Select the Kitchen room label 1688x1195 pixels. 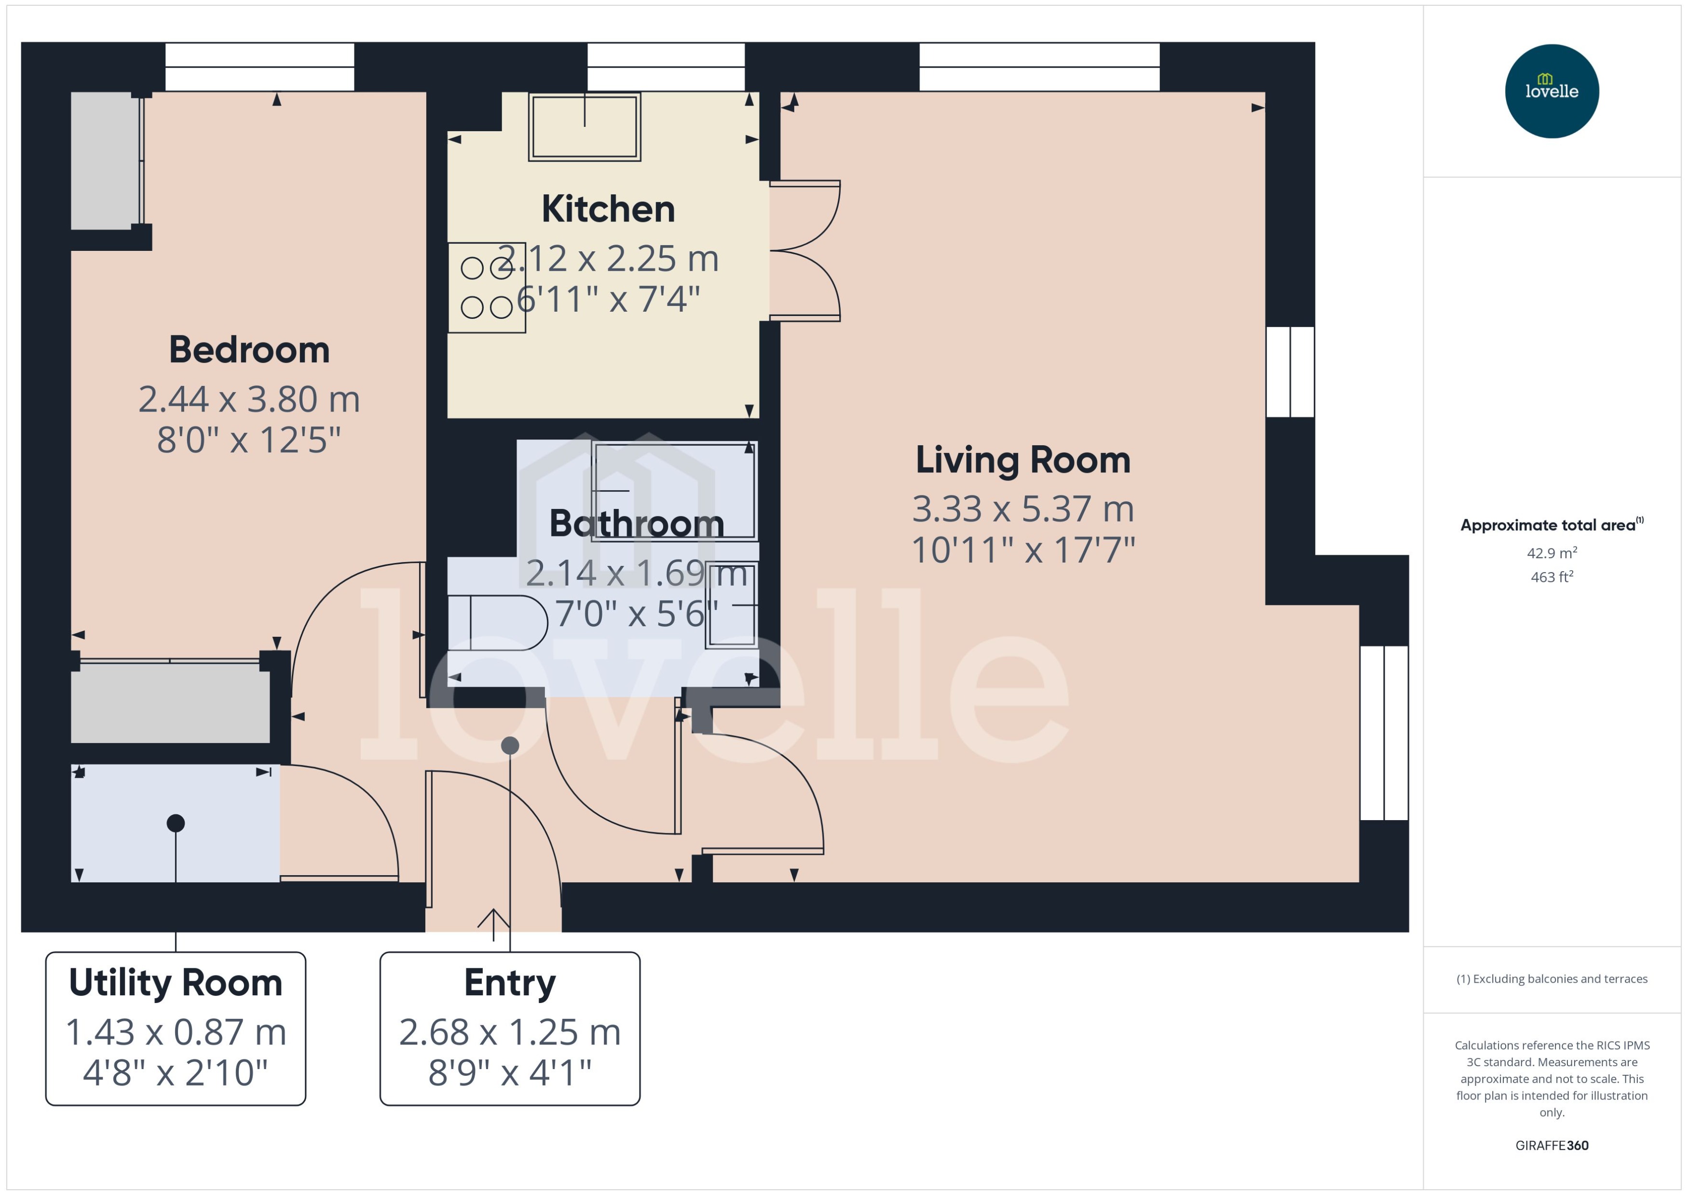point(608,209)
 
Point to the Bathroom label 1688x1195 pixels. point(636,524)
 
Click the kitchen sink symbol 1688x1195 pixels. point(585,126)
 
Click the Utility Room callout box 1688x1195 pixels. point(176,1028)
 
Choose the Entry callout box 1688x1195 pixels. point(510,1028)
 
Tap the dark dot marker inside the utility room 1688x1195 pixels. point(176,823)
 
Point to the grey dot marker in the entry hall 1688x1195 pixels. point(510,745)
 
